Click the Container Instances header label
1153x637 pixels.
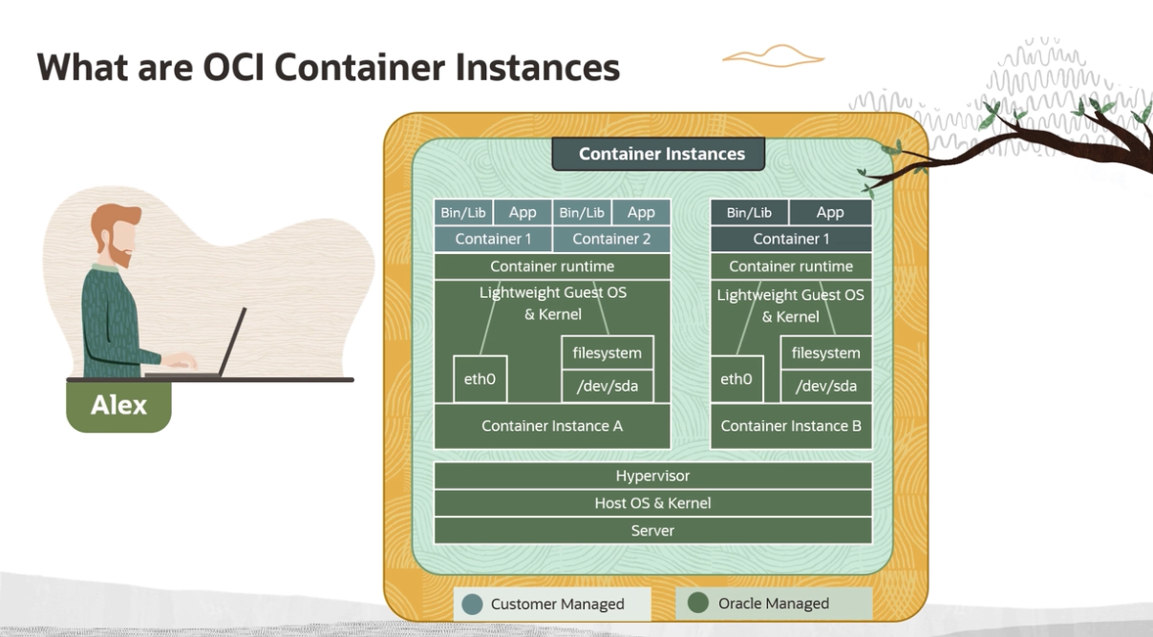click(x=661, y=154)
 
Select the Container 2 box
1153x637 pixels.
click(x=611, y=239)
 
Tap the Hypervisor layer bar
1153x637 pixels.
click(x=652, y=476)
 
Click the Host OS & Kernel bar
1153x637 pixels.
click(x=652, y=503)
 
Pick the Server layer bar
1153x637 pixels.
click(x=652, y=530)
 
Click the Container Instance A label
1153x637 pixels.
click(x=552, y=426)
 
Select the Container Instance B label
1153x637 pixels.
click(x=791, y=426)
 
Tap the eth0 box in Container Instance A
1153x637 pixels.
click(x=480, y=379)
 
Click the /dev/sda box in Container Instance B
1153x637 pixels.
click(x=826, y=386)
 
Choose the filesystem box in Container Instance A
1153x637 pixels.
click(x=608, y=352)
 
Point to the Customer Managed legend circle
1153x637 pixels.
click(x=472, y=604)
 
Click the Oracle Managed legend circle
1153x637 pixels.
click(x=698, y=603)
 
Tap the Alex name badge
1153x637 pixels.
click(x=118, y=405)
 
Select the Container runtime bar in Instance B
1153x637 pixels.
click(x=791, y=266)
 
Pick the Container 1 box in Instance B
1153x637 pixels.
click(x=791, y=239)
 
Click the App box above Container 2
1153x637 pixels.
click(x=641, y=212)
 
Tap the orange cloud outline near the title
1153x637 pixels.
click(x=773, y=56)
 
